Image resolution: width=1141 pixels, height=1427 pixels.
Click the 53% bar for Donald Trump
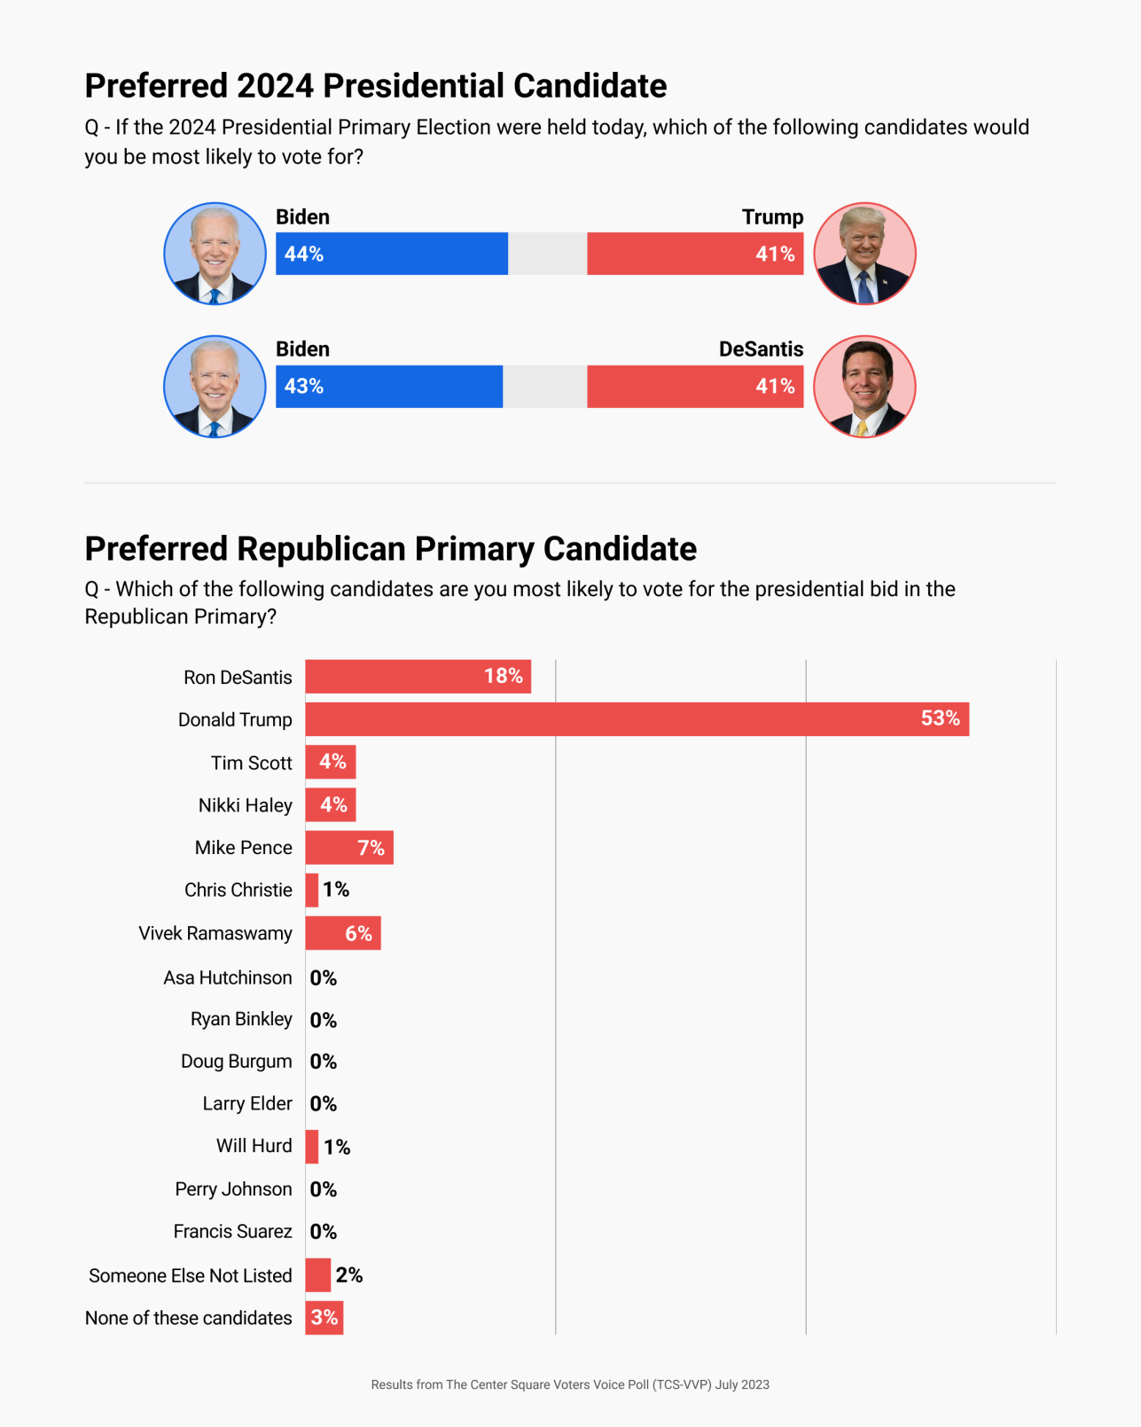tap(637, 719)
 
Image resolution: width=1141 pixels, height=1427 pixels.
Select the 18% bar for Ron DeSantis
tap(418, 677)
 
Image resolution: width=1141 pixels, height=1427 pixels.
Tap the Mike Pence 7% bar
tap(348, 848)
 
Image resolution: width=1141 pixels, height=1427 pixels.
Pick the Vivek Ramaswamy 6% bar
tap(342, 933)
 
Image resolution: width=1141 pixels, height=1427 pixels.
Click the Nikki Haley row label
tap(245, 805)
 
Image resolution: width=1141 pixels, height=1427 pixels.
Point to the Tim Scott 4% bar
tap(330, 762)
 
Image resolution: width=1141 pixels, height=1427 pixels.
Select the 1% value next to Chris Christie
tap(336, 890)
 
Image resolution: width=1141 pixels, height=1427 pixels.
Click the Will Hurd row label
tap(254, 1146)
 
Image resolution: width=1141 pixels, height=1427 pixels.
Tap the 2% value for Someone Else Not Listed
tap(349, 1275)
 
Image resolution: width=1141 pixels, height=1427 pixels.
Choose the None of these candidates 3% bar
tap(324, 1318)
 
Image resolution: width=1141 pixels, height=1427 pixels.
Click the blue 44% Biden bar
tap(391, 254)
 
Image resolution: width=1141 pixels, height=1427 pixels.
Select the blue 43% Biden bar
tap(388, 387)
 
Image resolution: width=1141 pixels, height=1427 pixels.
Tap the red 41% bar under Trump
tap(695, 254)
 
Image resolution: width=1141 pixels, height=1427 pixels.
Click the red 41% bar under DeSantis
tap(695, 387)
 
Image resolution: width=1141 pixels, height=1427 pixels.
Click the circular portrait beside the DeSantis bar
tap(864, 387)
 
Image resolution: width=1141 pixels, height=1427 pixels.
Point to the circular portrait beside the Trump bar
tap(864, 254)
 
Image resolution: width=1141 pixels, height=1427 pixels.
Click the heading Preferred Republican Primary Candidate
tap(390, 549)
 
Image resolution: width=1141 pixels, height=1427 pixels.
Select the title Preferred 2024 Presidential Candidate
tap(375, 86)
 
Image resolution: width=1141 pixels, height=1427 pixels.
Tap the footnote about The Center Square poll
tap(570, 1384)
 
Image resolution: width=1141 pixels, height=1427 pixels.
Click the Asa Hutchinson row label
tap(228, 977)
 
